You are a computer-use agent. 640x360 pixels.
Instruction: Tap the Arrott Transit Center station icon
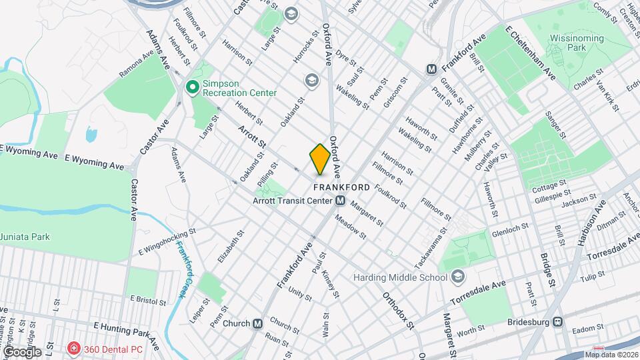(x=340, y=201)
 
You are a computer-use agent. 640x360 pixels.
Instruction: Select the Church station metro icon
(x=258, y=323)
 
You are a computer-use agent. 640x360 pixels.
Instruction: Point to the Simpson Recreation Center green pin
(x=193, y=87)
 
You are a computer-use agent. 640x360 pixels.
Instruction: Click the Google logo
(x=21, y=351)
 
